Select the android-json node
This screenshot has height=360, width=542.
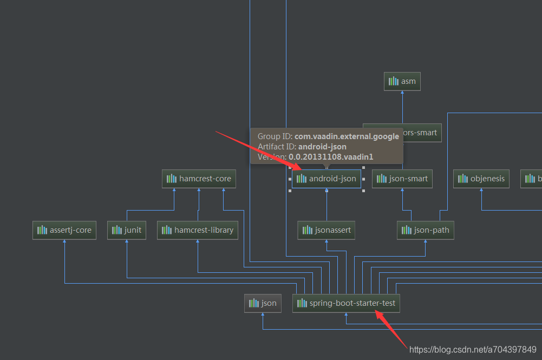326,179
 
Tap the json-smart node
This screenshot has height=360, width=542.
402,179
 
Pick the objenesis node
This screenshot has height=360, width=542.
481,179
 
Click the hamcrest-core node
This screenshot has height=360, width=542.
199,179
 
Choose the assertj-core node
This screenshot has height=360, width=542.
64,230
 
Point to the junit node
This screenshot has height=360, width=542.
127,230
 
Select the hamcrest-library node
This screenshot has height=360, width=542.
198,230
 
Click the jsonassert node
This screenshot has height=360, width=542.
326,230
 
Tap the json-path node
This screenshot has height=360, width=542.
426,230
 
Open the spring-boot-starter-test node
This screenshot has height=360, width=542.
346,303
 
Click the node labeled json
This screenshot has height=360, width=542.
263,303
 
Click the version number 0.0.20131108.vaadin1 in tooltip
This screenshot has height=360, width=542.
331,157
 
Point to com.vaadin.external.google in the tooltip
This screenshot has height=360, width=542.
347,136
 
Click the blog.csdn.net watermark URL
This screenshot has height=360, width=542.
473,350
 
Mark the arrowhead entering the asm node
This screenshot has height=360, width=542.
402,93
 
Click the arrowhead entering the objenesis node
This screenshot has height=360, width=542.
481,190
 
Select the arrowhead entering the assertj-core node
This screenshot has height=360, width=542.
64,241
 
